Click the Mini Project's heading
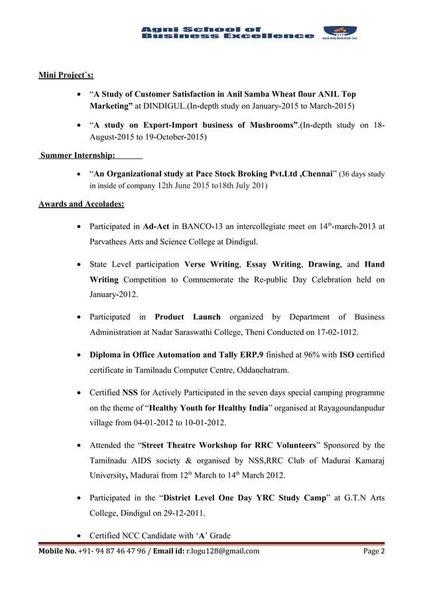(x=66, y=76)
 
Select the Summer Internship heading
(x=77, y=156)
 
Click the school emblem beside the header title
(x=339, y=34)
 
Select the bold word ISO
(x=346, y=355)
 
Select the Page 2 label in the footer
(x=373, y=551)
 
